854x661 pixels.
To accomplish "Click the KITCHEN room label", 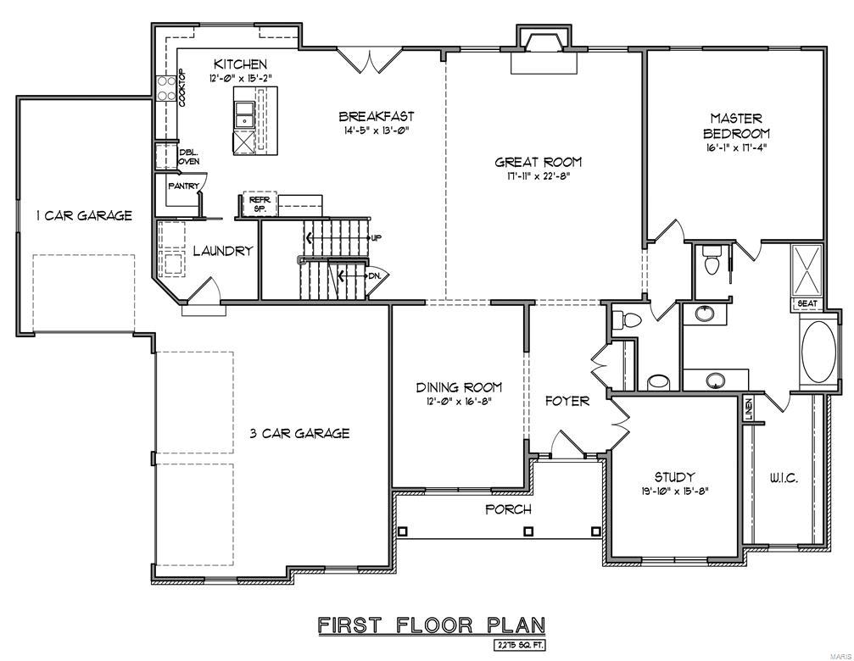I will coord(240,64).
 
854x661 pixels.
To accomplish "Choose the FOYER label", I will coord(567,401).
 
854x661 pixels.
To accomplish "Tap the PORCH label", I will coord(508,509).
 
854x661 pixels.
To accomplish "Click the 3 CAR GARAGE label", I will coord(299,433).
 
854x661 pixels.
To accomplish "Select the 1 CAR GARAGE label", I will coord(83,215).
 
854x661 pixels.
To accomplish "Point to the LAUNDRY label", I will coord(222,251).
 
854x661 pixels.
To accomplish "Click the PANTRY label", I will coord(183,186).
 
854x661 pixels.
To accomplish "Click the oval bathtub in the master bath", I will coord(818,351).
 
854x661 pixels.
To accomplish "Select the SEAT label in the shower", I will coord(806,302).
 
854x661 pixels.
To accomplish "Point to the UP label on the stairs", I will coord(376,237).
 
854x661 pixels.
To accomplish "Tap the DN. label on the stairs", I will coord(374,275).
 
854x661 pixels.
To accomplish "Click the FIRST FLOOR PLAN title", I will coord(431,625).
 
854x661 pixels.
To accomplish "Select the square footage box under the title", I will coord(519,645).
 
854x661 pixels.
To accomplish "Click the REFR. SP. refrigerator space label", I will coord(258,203).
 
